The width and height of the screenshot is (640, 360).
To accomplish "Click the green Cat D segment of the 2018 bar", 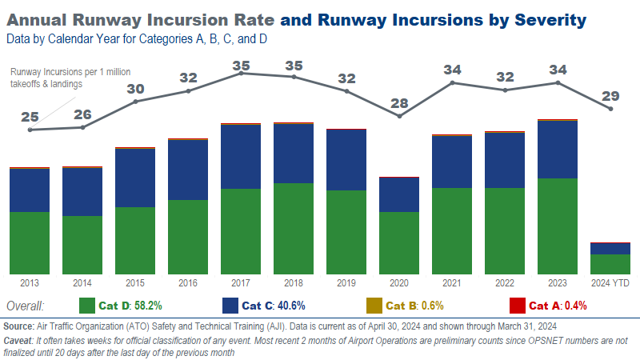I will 294,228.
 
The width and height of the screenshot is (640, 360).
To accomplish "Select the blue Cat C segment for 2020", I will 399,194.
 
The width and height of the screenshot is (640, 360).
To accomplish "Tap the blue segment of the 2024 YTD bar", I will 611,248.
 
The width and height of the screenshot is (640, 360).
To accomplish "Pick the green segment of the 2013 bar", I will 30,242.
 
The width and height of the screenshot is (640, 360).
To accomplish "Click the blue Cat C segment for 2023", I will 558,150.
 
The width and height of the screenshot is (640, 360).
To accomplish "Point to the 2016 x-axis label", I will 188,283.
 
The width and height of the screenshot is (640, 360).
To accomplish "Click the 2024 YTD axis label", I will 611,283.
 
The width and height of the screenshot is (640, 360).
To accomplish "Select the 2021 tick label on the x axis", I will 452,283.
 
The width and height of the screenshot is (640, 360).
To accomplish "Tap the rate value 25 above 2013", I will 30,117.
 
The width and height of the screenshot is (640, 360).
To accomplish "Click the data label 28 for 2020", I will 399,102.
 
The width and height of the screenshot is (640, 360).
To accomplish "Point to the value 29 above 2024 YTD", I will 611,96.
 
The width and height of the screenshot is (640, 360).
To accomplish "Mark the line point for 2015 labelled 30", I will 136,101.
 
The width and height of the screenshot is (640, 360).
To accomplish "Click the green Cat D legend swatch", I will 88,306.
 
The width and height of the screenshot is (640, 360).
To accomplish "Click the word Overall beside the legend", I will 25,306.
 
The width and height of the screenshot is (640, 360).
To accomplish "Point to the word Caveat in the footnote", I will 20,339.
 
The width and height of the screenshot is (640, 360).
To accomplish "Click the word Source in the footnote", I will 18,326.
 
